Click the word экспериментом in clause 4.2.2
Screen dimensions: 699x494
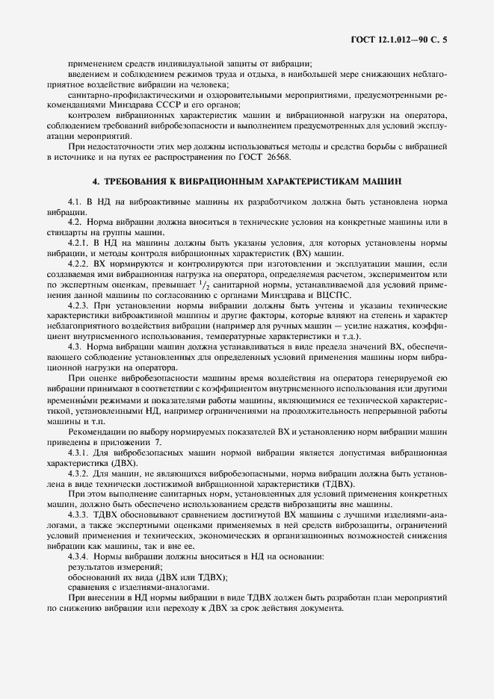click(393, 274)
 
